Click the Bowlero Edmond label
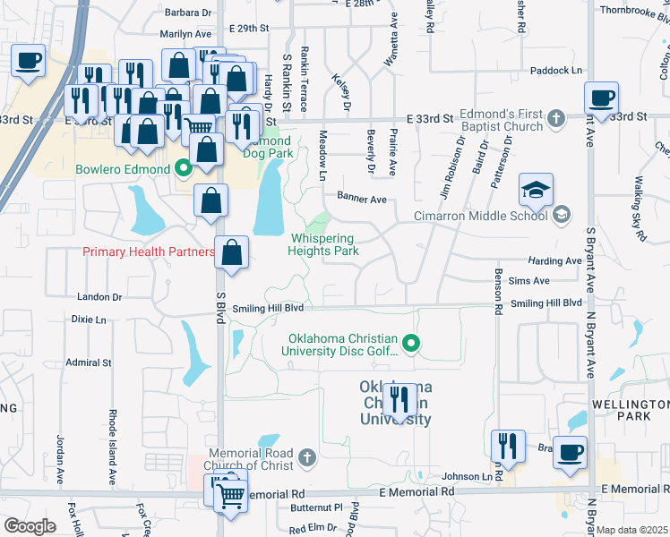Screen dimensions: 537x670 (x=123, y=169)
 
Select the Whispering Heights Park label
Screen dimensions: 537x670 (x=322, y=244)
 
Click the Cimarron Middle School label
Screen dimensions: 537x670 (x=480, y=215)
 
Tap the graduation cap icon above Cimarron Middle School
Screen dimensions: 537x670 (x=536, y=191)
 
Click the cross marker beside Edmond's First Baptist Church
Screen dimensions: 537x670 (x=556, y=118)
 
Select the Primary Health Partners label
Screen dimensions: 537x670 (x=149, y=252)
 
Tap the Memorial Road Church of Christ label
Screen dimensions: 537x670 (x=256, y=458)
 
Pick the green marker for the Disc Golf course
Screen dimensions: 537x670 (x=411, y=342)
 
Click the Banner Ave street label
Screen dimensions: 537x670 (x=361, y=198)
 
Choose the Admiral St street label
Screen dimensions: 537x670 (x=89, y=362)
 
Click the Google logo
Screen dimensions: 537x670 (x=30, y=526)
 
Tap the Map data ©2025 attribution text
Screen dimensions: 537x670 (x=632, y=530)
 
